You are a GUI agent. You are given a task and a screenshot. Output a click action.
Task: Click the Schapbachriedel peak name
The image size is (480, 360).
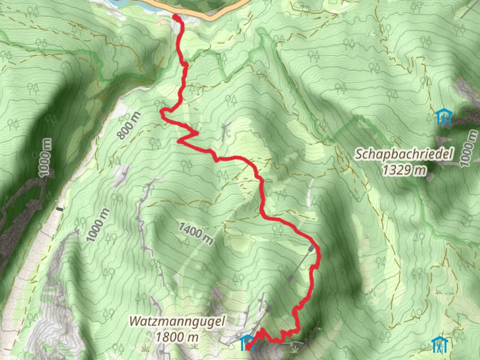click(x=404, y=154)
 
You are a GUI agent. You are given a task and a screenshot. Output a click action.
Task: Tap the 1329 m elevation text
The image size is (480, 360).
click(x=404, y=170)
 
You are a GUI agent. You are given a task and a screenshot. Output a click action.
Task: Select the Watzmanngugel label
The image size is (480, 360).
click(x=177, y=321)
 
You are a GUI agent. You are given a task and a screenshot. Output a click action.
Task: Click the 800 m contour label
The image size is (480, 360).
click(x=129, y=126)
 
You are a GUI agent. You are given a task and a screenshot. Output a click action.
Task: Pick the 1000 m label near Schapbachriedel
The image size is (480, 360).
click(x=468, y=149)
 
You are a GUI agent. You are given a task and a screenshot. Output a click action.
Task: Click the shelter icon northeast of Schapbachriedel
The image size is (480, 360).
click(x=443, y=117)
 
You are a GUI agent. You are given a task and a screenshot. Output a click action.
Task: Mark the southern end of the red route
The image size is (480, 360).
click(x=248, y=348)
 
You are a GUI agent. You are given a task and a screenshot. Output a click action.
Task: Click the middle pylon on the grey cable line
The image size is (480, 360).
click(x=291, y=277)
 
